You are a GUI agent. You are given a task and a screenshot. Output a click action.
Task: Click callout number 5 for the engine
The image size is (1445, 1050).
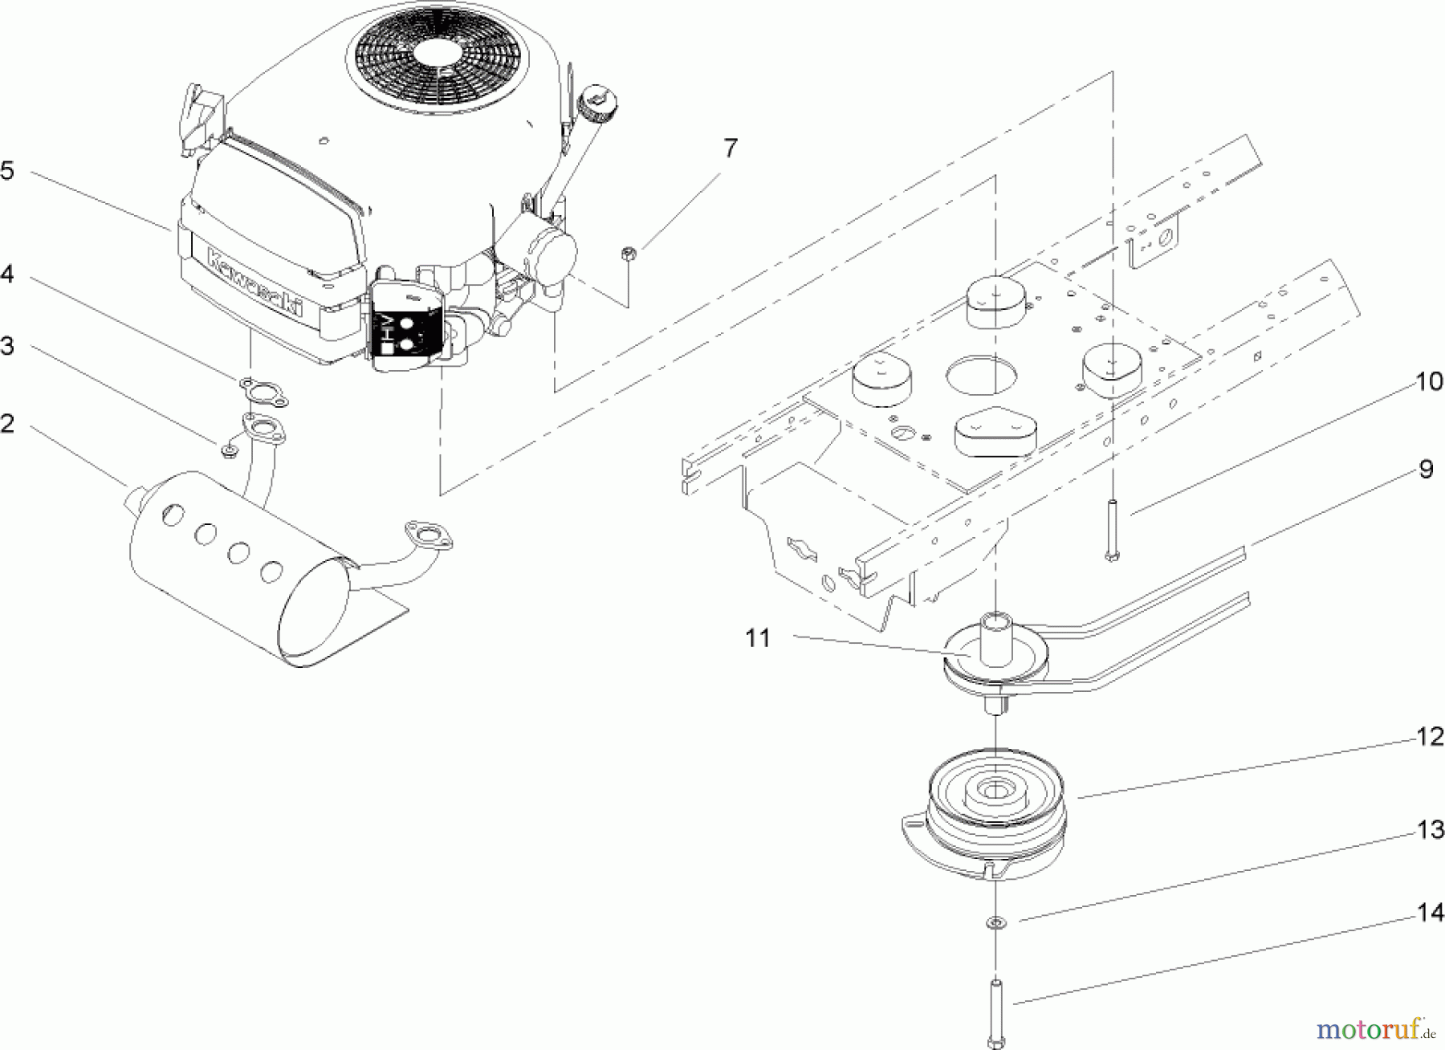pyautogui.click(x=6, y=172)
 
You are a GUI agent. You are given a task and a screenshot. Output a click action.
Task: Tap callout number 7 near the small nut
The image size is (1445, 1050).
pyautogui.click(x=730, y=149)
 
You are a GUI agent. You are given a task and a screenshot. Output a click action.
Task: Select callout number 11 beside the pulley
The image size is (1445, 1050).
pyautogui.click(x=757, y=639)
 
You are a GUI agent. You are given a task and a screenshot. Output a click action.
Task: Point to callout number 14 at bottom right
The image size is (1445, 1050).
pyautogui.click(x=1431, y=913)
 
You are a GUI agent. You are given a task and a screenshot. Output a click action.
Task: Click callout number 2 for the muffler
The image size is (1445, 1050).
pyautogui.click(x=6, y=423)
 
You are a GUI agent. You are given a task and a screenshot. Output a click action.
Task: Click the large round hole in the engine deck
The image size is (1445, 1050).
pyautogui.click(x=980, y=376)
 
